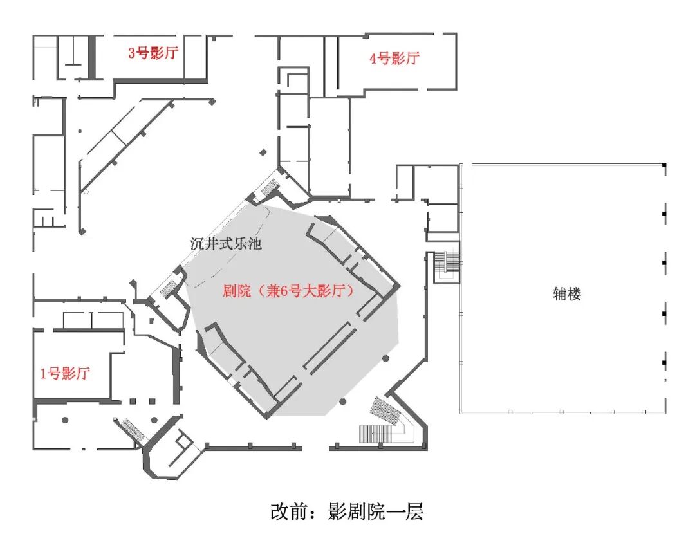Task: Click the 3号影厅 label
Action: click(153, 53)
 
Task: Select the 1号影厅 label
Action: click(65, 374)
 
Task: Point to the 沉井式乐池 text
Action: click(226, 244)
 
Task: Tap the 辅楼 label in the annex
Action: click(567, 295)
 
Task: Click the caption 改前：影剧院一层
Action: click(347, 512)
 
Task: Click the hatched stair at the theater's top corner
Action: click(270, 186)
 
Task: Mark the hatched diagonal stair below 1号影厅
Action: click(134, 428)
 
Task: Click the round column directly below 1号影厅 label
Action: click(65, 421)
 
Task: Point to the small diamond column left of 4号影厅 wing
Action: click(263, 152)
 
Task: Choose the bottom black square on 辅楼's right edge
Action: click(664, 364)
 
